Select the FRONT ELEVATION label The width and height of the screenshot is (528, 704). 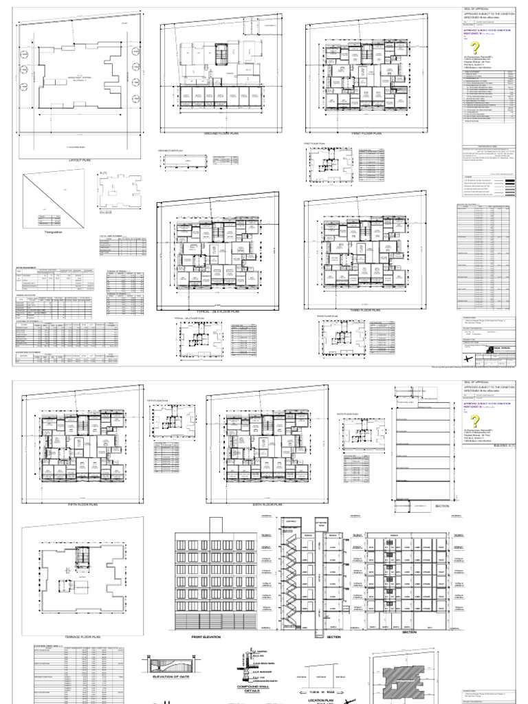pyautogui.click(x=207, y=637)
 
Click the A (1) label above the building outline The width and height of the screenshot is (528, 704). pyautogui.click(x=105, y=173)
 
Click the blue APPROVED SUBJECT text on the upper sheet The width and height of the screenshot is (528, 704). pyautogui.click(x=487, y=30)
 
